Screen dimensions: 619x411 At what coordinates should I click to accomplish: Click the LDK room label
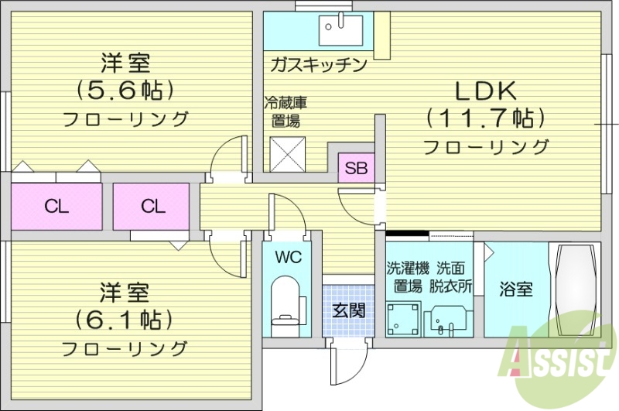pyautogui.click(x=486, y=91)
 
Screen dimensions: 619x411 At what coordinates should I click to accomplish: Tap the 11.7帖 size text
pyautogui.click(x=486, y=118)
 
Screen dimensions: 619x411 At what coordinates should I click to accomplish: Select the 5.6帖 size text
pyautogui.click(x=124, y=91)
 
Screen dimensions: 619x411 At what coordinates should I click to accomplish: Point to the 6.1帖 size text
pyautogui.click(x=124, y=319)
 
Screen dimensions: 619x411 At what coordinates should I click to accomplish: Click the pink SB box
pyautogui.click(x=356, y=167)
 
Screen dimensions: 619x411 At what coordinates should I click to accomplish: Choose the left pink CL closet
pyautogui.click(x=56, y=206)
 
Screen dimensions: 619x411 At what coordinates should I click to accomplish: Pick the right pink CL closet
pyautogui.click(x=152, y=206)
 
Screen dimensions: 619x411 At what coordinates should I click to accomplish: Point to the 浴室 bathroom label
pyautogui.click(x=515, y=290)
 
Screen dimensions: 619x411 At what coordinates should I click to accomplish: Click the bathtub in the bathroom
pyautogui.click(x=575, y=290)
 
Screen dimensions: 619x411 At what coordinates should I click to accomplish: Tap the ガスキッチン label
pyautogui.click(x=318, y=64)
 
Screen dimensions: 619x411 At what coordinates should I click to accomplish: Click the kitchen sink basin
pyautogui.click(x=340, y=29)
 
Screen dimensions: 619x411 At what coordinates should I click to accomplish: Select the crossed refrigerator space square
pyautogui.click(x=289, y=153)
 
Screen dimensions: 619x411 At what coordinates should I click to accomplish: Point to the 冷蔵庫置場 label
pyautogui.click(x=286, y=111)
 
